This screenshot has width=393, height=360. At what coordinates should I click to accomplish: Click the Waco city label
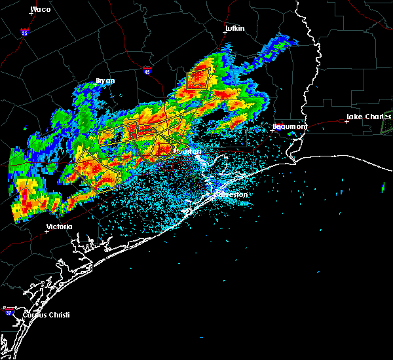click(x=41, y=9)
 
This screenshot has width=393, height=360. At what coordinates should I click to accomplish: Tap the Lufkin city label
click(x=234, y=29)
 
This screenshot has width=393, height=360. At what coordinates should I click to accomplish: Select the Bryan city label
click(x=105, y=81)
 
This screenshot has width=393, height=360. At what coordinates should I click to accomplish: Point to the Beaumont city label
click(x=290, y=126)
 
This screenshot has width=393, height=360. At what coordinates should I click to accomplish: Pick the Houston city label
click(x=189, y=152)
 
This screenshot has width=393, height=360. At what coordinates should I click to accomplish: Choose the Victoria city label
click(x=59, y=226)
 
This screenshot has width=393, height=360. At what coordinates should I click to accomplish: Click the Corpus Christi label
click(x=47, y=315)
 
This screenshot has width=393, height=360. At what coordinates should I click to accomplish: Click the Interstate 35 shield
click(x=24, y=31)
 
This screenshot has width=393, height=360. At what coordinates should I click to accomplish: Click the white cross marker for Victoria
click(x=47, y=231)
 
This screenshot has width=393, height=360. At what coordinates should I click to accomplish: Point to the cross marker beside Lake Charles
click(x=346, y=121)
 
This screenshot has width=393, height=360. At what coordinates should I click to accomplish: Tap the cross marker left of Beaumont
click(x=272, y=130)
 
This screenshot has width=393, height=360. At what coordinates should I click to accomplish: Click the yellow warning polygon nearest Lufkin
click(x=198, y=79)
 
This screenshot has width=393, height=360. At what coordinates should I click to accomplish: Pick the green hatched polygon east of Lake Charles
click(x=387, y=123)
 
